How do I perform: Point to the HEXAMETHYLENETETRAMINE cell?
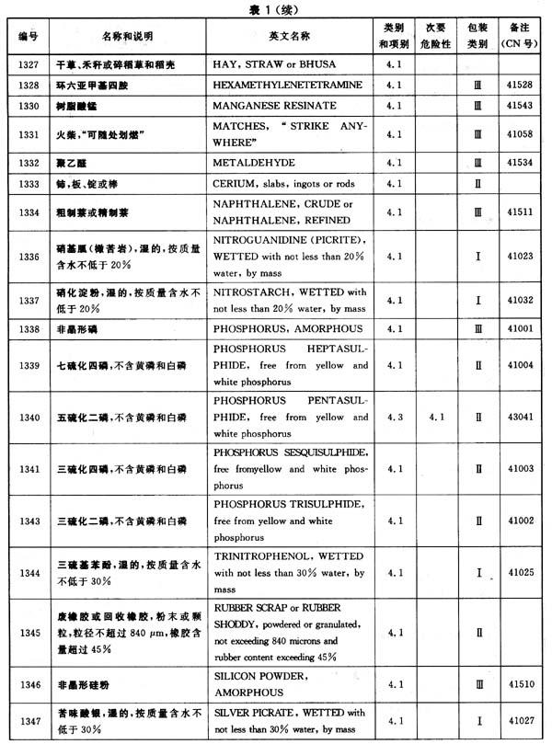pos(289,85)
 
